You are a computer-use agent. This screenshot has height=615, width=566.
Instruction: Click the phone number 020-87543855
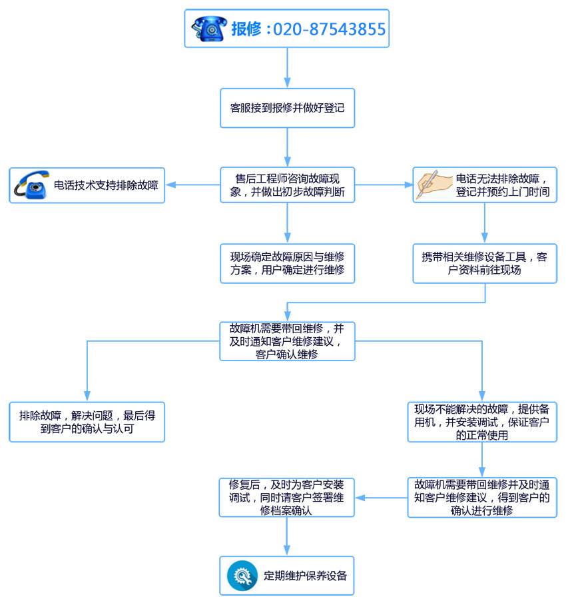[x=330, y=29]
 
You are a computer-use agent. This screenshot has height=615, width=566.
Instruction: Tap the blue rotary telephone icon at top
[x=209, y=29]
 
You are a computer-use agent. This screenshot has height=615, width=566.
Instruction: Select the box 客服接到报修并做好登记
[x=287, y=107]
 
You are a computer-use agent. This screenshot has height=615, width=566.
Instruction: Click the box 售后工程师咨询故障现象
[x=287, y=185]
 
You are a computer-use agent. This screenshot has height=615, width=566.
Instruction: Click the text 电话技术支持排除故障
[x=106, y=185]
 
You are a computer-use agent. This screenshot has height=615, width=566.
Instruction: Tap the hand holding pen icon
[x=433, y=185]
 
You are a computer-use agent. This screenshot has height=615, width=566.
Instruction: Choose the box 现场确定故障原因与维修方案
[x=287, y=263]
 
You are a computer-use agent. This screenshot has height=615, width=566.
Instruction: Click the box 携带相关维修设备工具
[x=484, y=263]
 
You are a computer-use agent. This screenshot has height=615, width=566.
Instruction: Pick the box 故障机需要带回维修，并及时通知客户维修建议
[x=287, y=341]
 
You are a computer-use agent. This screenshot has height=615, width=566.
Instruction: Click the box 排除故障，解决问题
[x=87, y=422]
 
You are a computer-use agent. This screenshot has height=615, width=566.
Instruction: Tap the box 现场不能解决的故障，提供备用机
[x=482, y=422]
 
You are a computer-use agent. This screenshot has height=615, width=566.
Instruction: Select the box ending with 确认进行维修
[x=482, y=497]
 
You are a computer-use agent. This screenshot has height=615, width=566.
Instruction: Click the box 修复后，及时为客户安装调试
[x=287, y=497]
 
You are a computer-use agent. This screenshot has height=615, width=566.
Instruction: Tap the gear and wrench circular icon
[x=242, y=576]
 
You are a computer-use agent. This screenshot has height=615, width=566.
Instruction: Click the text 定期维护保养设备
[x=305, y=576]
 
